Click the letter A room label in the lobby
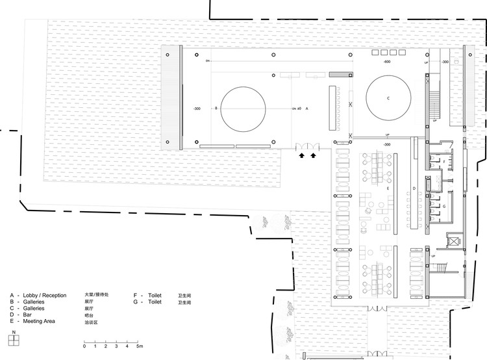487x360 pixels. coord(306,109)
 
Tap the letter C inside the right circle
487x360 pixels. coord(388,98)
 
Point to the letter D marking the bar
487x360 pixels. coord(414,188)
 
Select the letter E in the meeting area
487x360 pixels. coord(387,188)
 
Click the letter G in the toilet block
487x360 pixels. coord(443,205)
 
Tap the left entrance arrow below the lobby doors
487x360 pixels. coord(302,155)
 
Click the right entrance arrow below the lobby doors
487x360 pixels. coord(314,155)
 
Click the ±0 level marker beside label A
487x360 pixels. coord(299,109)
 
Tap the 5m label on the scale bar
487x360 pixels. coord(139,346)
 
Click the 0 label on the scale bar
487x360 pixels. coord(84,346)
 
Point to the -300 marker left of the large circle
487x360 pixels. coord(197,109)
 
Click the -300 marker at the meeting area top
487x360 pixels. coord(386,144)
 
